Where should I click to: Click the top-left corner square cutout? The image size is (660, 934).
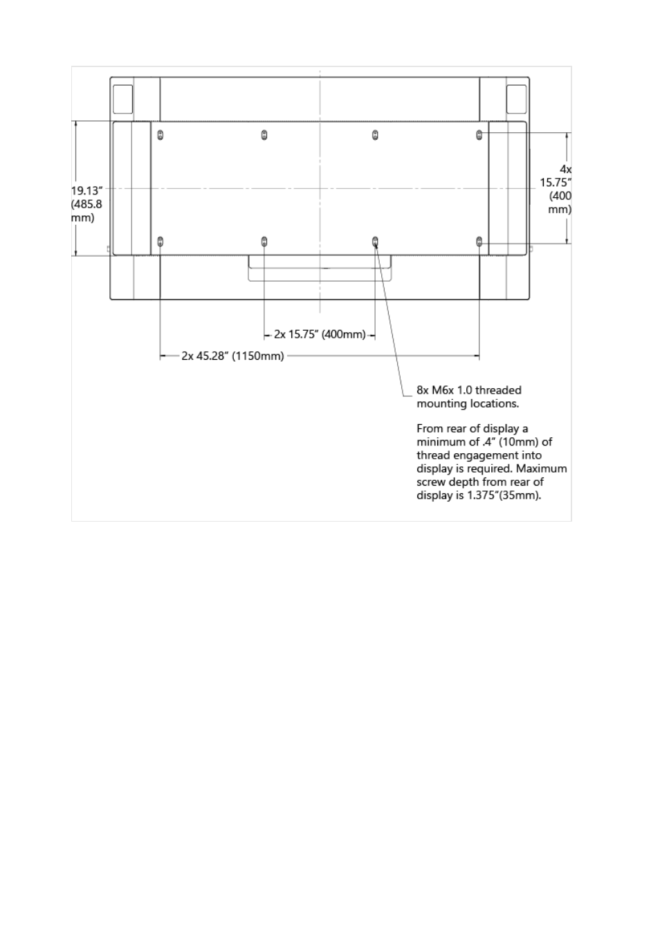click(x=122, y=99)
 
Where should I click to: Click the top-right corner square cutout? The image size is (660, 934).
click(x=516, y=99)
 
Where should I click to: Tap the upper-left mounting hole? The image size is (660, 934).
click(x=160, y=135)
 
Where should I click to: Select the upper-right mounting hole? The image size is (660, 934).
click(x=479, y=135)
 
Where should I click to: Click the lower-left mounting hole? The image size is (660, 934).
click(x=160, y=241)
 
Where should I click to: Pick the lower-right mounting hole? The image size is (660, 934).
click(x=479, y=241)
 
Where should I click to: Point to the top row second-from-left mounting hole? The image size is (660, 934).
click(x=264, y=135)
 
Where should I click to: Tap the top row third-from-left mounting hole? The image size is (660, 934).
click(x=375, y=135)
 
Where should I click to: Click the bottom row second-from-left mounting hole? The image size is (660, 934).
click(x=264, y=241)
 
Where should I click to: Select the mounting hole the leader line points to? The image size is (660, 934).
click(x=375, y=241)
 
